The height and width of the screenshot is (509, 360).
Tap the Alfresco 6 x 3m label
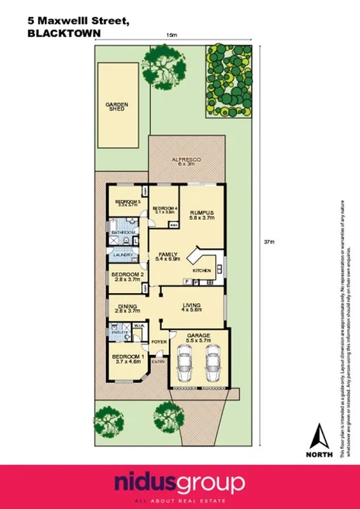pyautogui.click(x=185, y=161)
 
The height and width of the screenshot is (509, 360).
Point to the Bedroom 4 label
pyautogui.click(x=165, y=210)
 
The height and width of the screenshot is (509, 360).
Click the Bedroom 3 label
pyautogui.click(x=126, y=203)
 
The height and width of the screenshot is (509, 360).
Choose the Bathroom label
pyautogui.click(x=122, y=232)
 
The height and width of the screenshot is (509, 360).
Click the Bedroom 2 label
pyautogui.click(x=128, y=277)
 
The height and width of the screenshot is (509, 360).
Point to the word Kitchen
pyautogui.click(x=202, y=271)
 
